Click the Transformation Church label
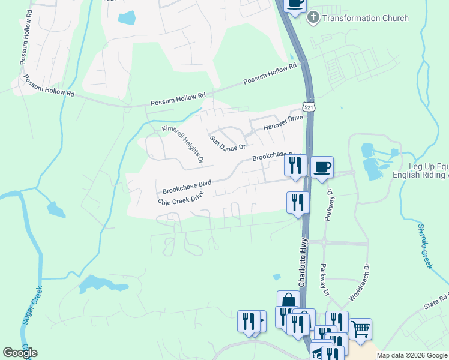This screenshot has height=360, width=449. (366, 18)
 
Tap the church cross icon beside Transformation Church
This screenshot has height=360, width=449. (313, 18)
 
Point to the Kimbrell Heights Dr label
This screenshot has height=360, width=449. (182, 145)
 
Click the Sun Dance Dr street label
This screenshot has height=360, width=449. (228, 143)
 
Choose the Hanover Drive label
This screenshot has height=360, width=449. (283, 122)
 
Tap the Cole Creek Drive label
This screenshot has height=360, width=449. (181, 198)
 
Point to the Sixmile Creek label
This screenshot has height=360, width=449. (426, 246)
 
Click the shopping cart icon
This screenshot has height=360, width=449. (360, 328)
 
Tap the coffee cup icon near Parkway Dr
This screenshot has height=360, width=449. (322, 166)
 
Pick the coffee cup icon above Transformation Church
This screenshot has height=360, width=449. (295, 3)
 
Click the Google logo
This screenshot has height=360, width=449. (20, 353)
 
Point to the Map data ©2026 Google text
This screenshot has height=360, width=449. (412, 355)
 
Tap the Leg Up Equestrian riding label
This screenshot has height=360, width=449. (420, 170)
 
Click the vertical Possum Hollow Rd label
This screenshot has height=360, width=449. (25, 46)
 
